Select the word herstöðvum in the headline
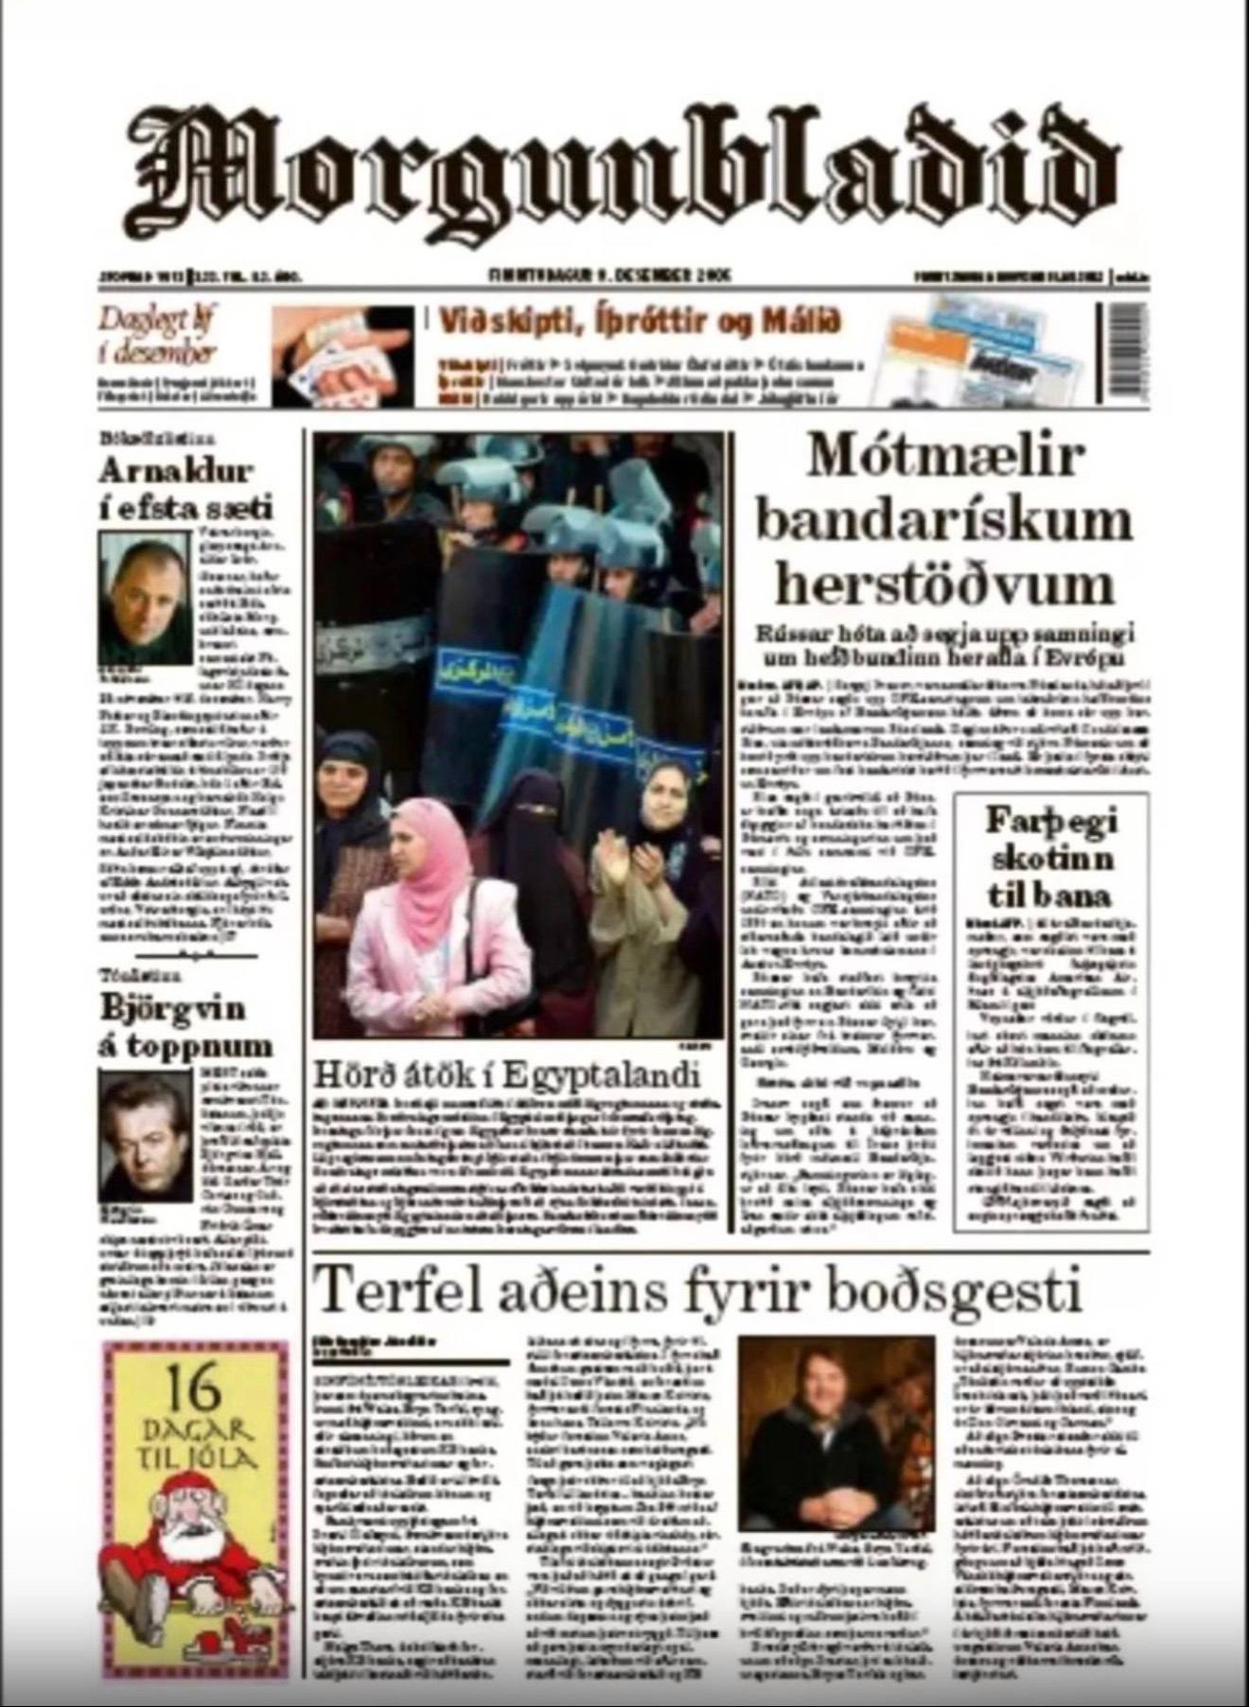[945, 585]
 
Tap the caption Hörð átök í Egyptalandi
[507, 1075]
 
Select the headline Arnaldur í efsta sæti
[185, 488]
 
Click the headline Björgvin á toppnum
[185, 1026]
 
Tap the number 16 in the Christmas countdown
[197, 1388]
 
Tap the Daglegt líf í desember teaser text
[157, 337]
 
